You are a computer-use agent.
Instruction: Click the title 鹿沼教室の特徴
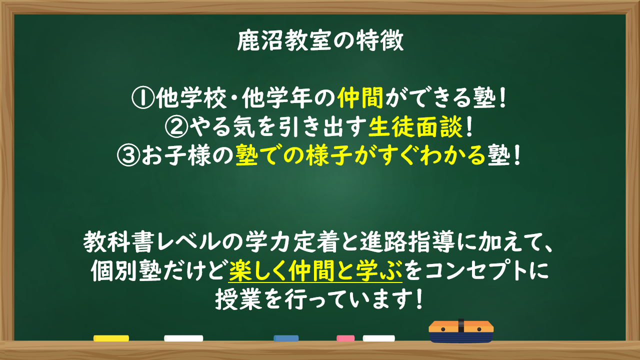pyautogui.click(x=320, y=41)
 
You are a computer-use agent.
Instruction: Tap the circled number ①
pyautogui.click(x=143, y=97)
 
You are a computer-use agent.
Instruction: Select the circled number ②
pyautogui.click(x=176, y=127)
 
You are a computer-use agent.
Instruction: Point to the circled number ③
pyautogui.click(x=128, y=155)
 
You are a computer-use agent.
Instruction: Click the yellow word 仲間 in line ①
pyautogui.click(x=360, y=97)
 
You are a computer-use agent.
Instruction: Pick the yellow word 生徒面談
pyautogui.click(x=415, y=127)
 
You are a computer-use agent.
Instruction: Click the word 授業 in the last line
pyautogui.click(x=239, y=299)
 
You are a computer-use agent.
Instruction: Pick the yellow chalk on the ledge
pyautogui.click(x=111, y=338)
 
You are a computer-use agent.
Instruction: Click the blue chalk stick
pyautogui.click(x=286, y=338)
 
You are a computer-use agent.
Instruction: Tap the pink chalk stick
pyautogui.click(x=345, y=338)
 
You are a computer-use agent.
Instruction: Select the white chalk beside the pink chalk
pyautogui.click(x=379, y=338)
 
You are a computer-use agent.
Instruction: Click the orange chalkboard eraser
pyautogui.click(x=461, y=331)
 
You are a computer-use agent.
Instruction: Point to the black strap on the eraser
pyautogui.click(x=461, y=325)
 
